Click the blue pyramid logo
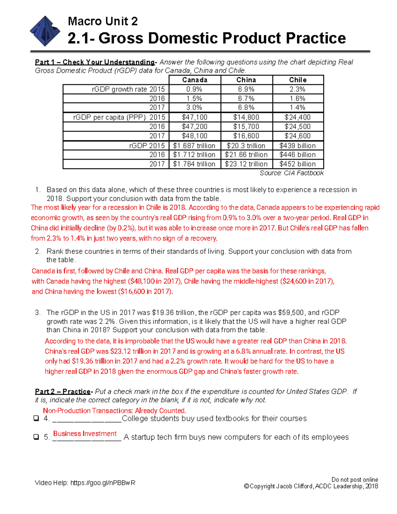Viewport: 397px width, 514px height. click(45, 31)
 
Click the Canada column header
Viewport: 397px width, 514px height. click(195, 80)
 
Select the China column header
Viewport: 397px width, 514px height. click(246, 80)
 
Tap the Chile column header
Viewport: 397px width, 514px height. click(298, 80)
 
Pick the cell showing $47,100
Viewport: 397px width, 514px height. click(195, 117)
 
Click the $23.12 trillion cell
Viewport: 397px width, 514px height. click(246, 164)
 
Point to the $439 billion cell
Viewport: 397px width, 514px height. click(297, 146)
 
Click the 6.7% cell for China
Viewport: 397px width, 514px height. click(246, 98)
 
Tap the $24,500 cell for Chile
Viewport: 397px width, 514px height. click(297, 126)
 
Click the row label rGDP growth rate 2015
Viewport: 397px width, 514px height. click(128, 89)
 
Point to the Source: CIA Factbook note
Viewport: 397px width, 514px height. click(291, 173)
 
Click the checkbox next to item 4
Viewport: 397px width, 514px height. click(36, 418)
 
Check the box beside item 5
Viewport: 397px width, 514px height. click(36, 437)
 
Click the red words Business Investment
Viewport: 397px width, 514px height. click(85, 434)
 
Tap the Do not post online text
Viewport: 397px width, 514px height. click(355, 480)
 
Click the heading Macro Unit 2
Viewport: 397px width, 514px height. click(103, 21)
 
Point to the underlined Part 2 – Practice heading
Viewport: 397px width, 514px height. click(63, 391)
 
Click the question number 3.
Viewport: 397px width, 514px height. click(38, 312)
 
